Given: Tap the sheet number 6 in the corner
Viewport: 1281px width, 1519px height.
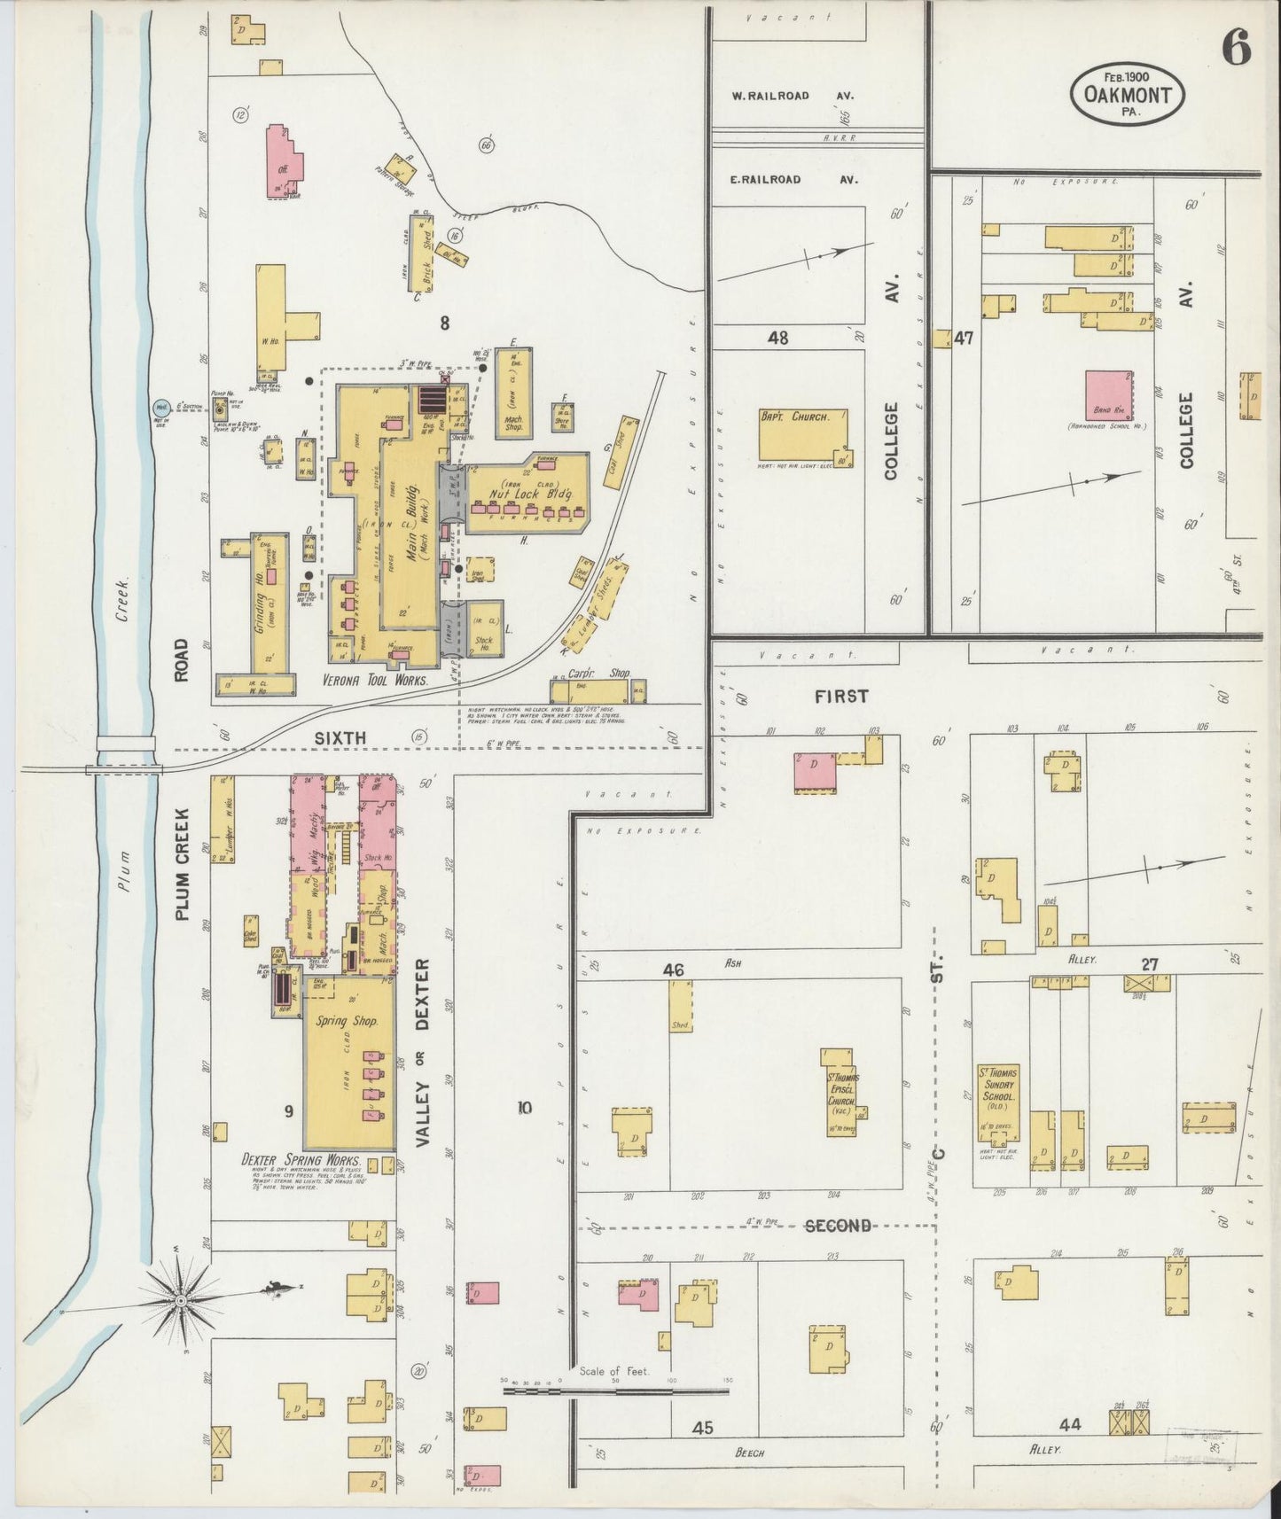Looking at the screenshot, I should pos(1237,51).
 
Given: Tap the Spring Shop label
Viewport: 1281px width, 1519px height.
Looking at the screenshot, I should pos(348,1020).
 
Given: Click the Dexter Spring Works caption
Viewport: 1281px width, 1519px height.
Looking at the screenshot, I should pos(301,1159).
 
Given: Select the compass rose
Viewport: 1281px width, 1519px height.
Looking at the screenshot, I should pos(182,1300).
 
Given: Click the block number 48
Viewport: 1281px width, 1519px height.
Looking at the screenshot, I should pos(778,338).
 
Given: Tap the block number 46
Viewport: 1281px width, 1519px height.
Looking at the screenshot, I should pos(674,970).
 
